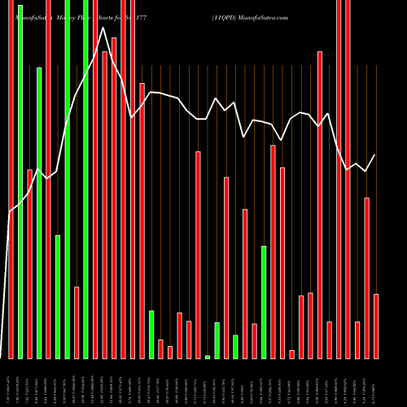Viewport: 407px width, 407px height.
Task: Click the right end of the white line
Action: coord(375,155)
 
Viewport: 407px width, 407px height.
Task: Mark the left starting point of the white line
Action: coord(10,212)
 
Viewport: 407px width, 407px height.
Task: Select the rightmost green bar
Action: coord(264,301)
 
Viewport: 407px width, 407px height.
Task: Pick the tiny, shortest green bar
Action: coord(208,357)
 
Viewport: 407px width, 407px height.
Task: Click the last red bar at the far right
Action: coord(376,326)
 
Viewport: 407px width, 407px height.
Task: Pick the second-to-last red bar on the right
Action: coord(367,277)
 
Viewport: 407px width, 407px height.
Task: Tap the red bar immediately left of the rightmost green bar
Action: coord(255,340)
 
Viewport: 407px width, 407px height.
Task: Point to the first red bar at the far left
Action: coord(11,179)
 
